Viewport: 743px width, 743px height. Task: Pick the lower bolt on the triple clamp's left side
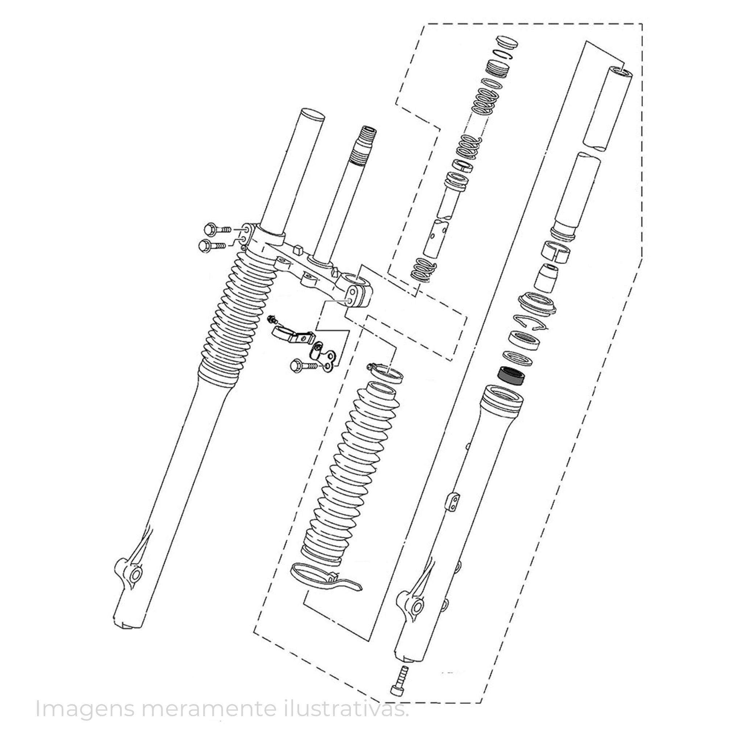[212, 245]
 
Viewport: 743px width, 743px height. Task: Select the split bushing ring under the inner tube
[556, 252]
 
